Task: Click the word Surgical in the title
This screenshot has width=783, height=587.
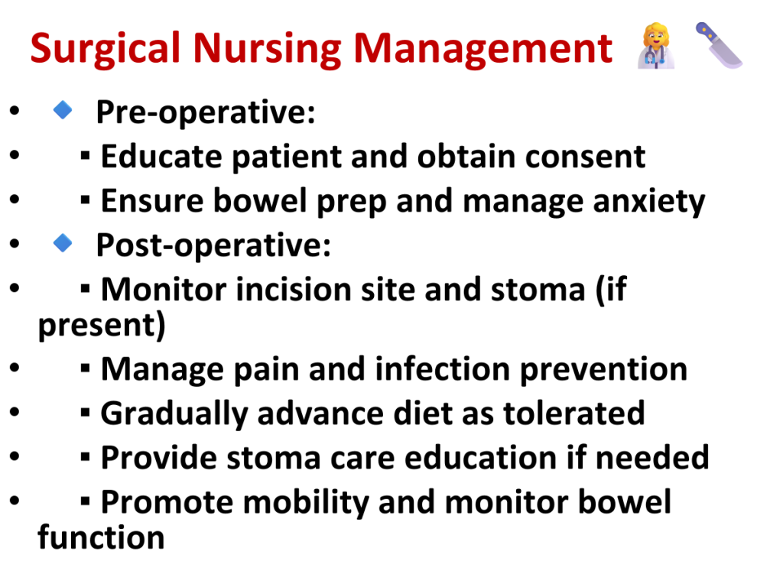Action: click(105, 49)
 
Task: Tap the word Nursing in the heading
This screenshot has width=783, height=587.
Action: click(267, 49)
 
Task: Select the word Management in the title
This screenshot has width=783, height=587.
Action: click(483, 49)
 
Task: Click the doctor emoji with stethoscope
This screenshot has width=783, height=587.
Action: click(656, 45)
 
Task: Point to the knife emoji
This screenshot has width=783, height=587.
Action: click(719, 45)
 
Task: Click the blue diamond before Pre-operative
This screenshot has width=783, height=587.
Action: click(63, 110)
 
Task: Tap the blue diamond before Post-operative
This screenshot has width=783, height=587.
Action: click(63, 243)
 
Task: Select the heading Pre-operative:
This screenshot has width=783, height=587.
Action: click(206, 112)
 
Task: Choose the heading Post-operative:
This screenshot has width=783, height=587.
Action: click(213, 245)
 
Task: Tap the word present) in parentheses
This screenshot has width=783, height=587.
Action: click(102, 326)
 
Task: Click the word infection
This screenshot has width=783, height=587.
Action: click(442, 369)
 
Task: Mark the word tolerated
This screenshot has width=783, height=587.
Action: click(573, 413)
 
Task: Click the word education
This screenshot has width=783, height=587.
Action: click(480, 458)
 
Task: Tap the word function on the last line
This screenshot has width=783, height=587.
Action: click(102, 537)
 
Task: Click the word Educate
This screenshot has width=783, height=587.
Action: click(161, 157)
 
